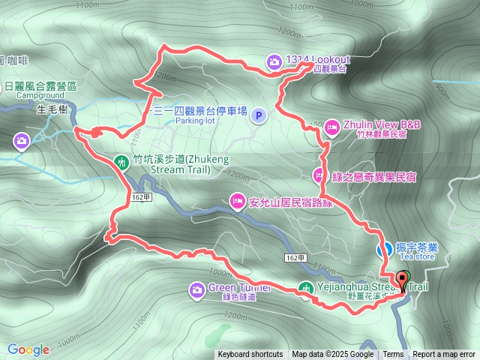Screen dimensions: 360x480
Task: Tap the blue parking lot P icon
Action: (259, 115)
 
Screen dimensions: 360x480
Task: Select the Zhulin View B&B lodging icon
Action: (332, 127)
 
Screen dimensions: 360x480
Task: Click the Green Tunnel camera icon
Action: (196, 289)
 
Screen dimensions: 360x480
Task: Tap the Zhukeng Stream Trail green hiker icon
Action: (121, 160)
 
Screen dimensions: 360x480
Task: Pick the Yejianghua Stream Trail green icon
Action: (305, 287)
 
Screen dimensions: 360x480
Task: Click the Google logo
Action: (28, 349)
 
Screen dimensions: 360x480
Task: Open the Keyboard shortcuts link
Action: (250, 355)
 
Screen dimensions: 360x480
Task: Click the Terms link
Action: (393, 355)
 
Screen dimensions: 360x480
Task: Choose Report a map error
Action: (444, 355)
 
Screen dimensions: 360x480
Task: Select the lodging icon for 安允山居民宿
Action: (238, 200)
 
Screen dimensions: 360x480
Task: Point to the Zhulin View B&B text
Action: (382, 124)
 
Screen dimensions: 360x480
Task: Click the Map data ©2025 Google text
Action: (332, 355)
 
